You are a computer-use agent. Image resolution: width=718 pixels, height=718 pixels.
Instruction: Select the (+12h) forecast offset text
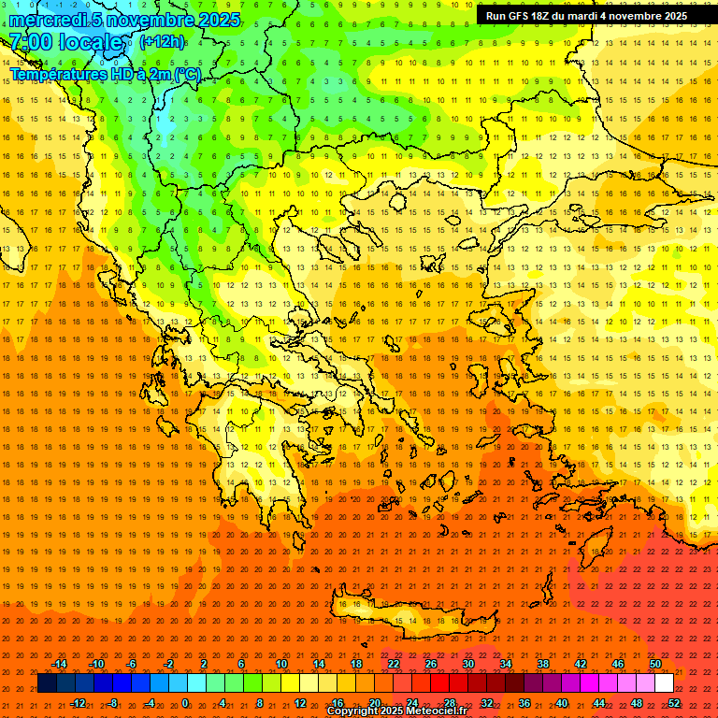click(162, 41)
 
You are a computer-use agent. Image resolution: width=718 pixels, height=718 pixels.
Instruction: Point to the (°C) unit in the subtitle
click(186, 74)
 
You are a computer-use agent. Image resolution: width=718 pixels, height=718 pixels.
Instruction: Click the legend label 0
click(185, 703)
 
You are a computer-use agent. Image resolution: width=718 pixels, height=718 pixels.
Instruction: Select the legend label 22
click(394, 664)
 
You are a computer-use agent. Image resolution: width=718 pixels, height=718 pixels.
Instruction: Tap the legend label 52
click(674, 703)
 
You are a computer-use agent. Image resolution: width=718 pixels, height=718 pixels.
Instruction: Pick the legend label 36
click(524, 703)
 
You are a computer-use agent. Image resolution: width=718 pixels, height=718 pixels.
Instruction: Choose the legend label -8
click(112, 703)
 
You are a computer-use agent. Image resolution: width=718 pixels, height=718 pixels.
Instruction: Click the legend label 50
click(655, 664)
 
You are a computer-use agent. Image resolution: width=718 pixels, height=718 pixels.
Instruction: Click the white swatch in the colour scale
click(664, 683)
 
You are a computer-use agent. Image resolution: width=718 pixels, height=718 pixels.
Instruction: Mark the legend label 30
click(468, 664)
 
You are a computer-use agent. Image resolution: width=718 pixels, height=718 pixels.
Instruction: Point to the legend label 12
click(300, 703)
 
